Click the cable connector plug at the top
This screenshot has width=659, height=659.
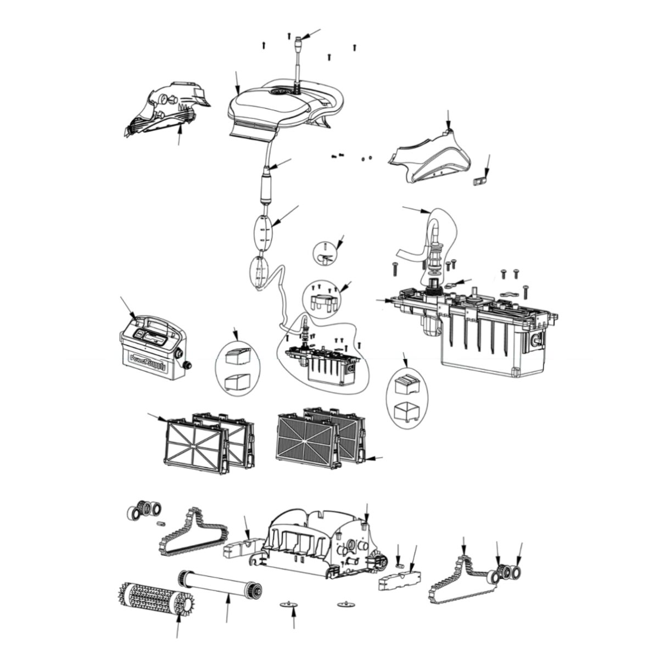tap(299, 41)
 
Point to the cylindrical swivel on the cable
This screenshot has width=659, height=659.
tap(267, 187)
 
